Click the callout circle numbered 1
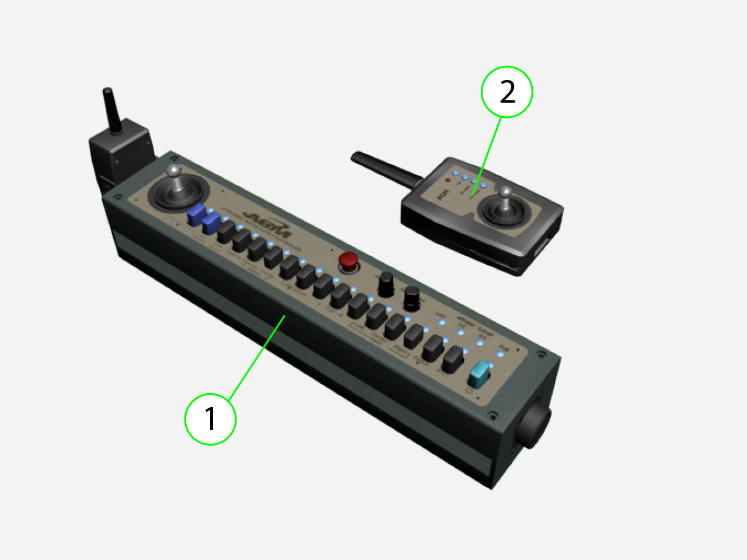210,419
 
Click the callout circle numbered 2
507,92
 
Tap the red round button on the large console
349,261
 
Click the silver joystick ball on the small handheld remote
505,191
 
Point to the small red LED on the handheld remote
448,180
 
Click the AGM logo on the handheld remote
442,194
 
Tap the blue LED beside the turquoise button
491,365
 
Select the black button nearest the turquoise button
452,359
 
